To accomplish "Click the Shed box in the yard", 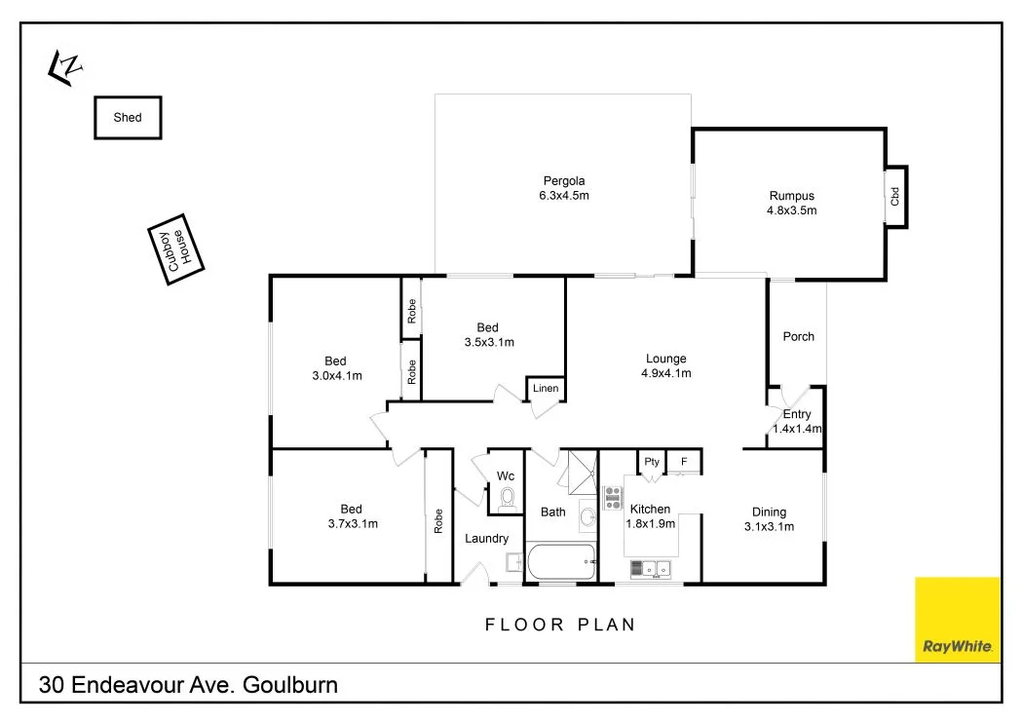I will click(128, 118).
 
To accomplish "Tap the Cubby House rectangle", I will click(178, 249).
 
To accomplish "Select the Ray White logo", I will click(957, 620).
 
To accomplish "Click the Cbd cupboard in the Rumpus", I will click(895, 196).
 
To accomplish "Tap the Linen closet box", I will click(546, 389).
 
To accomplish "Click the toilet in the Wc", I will click(506, 499).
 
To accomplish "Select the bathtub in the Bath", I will click(561, 561).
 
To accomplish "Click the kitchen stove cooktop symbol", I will click(613, 498).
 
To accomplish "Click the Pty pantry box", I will click(652, 462).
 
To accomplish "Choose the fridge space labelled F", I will click(684, 462).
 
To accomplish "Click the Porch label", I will click(798, 337).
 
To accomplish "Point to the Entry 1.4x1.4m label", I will click(797, 421).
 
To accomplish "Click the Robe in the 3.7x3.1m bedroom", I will click(438, 519).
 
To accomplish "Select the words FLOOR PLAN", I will click(560, 625).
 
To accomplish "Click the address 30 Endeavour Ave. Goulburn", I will click(188, 685).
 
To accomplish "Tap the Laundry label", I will click(486, 539).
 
